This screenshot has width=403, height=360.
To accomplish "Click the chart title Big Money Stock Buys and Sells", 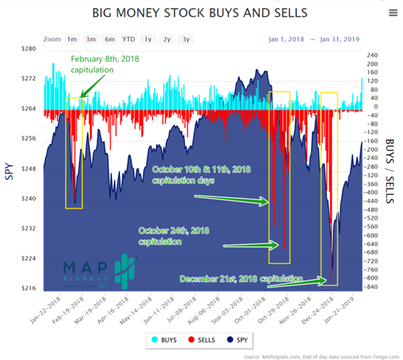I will (200, 13).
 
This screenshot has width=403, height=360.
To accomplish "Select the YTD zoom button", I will (129, 39).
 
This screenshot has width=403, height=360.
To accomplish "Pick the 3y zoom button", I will (186, 39).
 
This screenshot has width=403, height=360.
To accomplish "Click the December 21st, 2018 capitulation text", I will (241, 279).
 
